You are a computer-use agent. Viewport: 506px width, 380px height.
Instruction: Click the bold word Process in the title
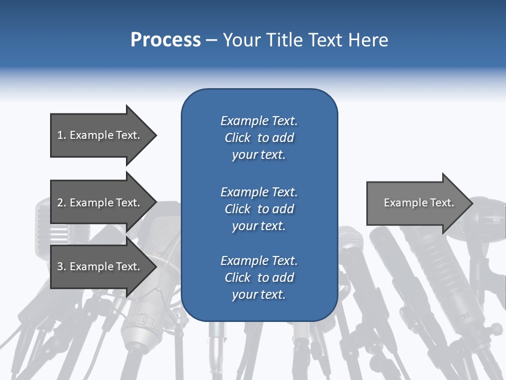coord(166,40)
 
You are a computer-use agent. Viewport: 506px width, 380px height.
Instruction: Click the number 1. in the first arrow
coord(61,135)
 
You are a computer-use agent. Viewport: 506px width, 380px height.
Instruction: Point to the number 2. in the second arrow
coord(61,203)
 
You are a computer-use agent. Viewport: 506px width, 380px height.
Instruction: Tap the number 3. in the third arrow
coord(61,267)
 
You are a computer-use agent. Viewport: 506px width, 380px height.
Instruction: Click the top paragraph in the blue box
coord(259,138)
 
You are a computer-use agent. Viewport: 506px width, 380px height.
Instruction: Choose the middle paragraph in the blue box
coord(259,209)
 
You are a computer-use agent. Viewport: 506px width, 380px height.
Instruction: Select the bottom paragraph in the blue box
coord(259,278)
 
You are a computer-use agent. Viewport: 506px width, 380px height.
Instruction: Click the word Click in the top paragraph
coord(237,138)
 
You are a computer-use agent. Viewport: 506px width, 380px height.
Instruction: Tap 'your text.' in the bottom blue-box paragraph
coord(259,294)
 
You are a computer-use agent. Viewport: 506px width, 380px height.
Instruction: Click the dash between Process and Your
coord(212,40)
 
